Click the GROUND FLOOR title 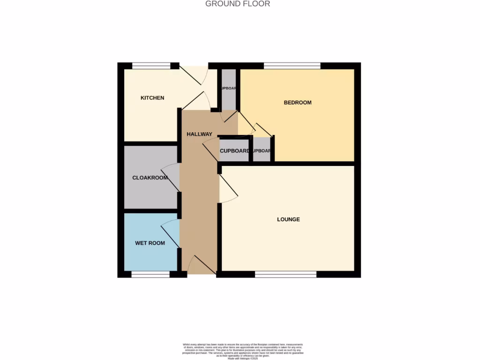pyautogui.click(x=238, y=4)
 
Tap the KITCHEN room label pyautogui.click(x=152, y=98)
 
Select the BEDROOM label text pyautogui.click(x=297, y=102)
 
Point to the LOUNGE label pyautogui.click(x=288, y=219)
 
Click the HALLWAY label pyautogui.click(x=199, y=134)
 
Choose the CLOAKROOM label pyautogui.click(x=150, y=178)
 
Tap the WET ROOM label pyautogui.click(x=150, y=243)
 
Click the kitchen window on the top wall pyautogui.click(x=151, y=66)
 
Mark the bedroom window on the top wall pyautogui.click(x=292, y=66)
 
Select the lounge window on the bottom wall pyautogui.click(x=285, y=274)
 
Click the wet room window pyautogui.click(x=150, y=274)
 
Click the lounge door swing pyautogui.click(x=228, y=190)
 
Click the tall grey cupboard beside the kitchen pyautogui.click(x=228, y=89)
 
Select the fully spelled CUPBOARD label pyautogui.click(x=234, y=151)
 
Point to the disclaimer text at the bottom pyautogui.click(x=243, y=351)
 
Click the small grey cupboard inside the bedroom pyautogui.click(x=262, y=150)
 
